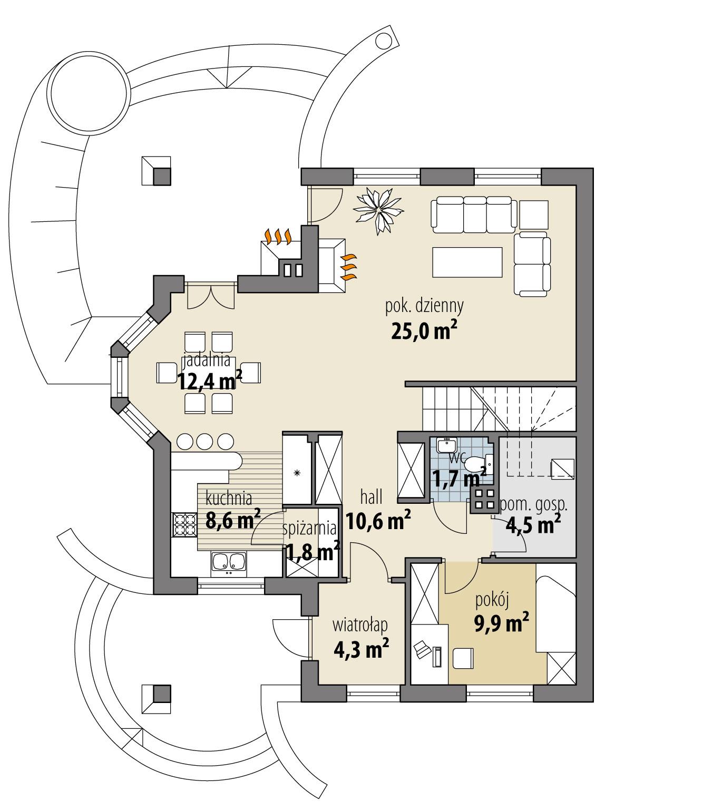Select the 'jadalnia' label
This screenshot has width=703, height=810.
coord(206,360)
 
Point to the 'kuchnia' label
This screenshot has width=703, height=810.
coord(229,497)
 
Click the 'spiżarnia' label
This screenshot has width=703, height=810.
coord(309,528)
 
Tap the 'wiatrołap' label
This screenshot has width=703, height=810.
coord(360,625)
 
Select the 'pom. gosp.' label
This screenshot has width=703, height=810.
coord(533,504)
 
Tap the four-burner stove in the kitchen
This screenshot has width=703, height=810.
coord(183,524)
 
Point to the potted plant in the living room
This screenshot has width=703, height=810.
coord(379,210)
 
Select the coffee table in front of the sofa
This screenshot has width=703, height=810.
coord(467,262)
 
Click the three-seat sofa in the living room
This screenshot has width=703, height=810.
coord(472,214)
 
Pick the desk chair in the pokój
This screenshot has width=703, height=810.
coord(463,657)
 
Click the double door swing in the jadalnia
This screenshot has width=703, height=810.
coord(210,296)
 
